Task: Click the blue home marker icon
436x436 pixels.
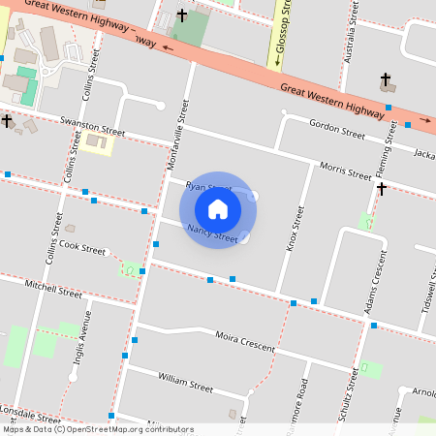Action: (x=218, y=209)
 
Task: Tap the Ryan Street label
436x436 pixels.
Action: (x=207, y=186)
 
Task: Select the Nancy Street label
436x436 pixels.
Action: (x=213, y=234)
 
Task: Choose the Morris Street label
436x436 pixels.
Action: (x=346, y=171)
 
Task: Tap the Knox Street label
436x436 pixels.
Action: (x=295, y=228)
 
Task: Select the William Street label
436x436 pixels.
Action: (x=185, y=382)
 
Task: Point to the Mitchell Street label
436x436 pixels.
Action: (x=54, y=288)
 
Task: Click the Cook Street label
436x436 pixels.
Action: (x=88, y=248)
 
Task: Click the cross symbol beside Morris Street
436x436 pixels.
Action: (x=383, y=188)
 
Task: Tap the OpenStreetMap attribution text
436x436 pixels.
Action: (x=97, y=429)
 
